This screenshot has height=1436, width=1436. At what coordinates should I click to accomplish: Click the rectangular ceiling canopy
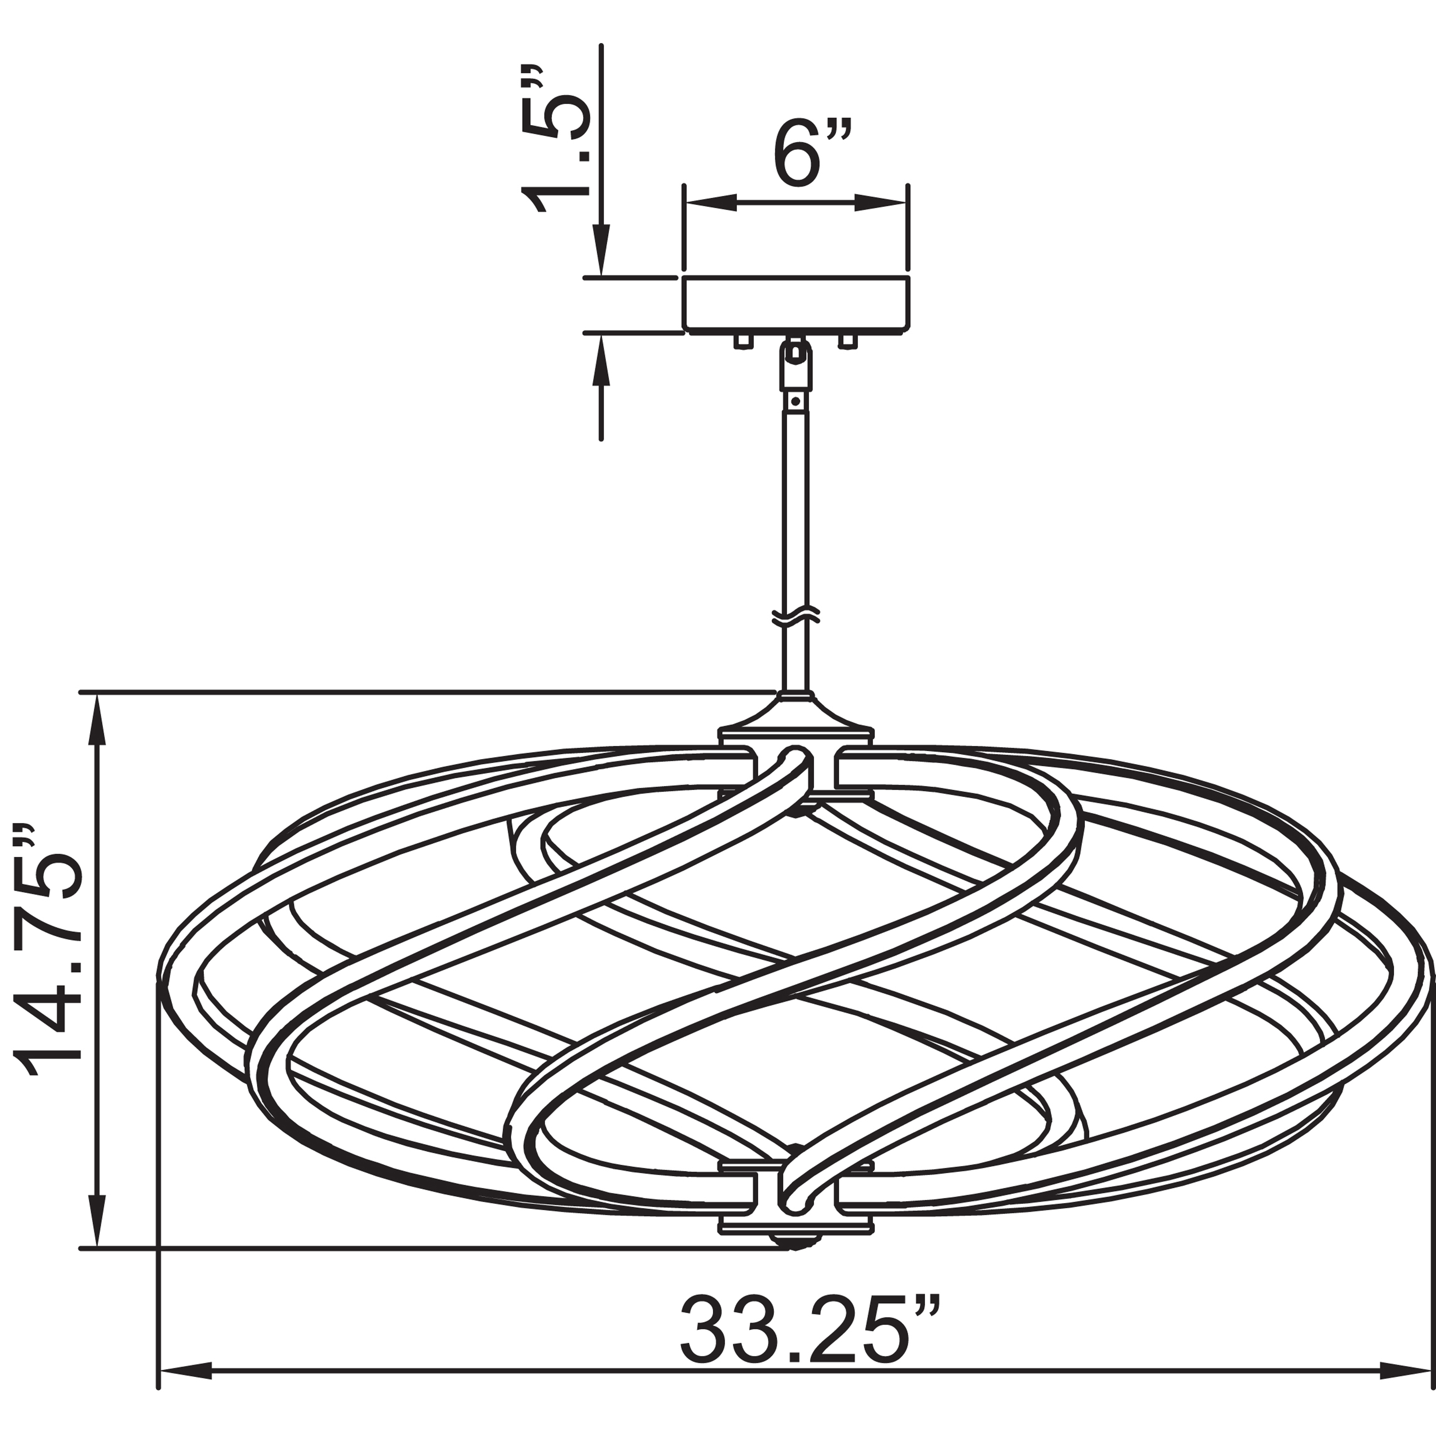795,303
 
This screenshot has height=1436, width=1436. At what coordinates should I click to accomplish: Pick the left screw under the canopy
742,340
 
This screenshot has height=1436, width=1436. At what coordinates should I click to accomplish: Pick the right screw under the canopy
847,340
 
